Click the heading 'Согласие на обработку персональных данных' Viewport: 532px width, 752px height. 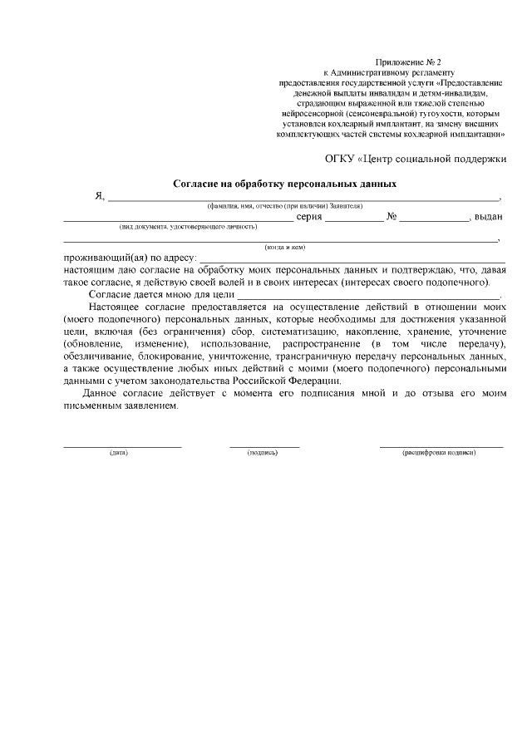click(284, 183)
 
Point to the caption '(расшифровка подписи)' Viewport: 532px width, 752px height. click(439, 453)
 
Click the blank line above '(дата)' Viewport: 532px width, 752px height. click(122, 446)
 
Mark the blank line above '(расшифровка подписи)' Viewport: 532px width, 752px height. click(441, 446)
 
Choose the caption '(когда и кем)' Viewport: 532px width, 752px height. click(285, 247)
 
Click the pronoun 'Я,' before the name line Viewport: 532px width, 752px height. click(99, 197)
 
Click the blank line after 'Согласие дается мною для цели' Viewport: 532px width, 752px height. click(369, 297)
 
